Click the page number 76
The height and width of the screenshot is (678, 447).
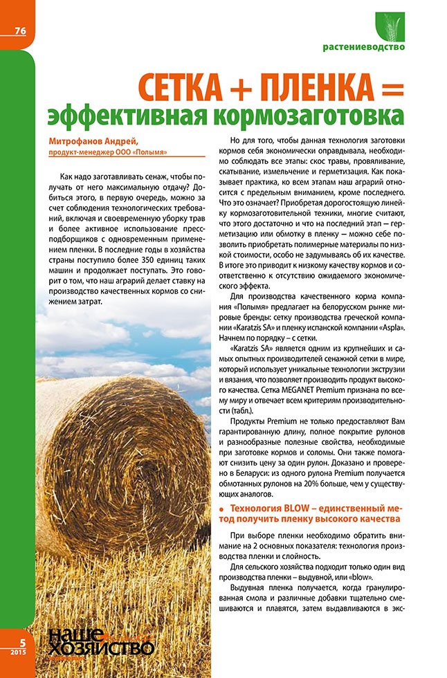(19, 30)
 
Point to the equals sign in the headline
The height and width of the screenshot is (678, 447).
(391, 87)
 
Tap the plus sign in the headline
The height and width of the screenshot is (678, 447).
(237, 88)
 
